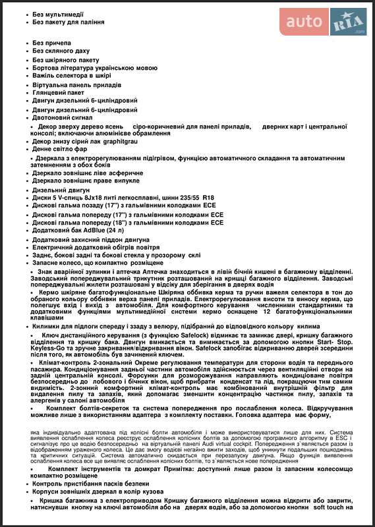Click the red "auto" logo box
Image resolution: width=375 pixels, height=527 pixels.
[x=304, y=22]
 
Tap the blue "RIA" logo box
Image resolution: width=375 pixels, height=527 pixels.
[x=348, y=22]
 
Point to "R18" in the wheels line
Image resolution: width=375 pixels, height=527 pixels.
[x=208, y=197]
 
